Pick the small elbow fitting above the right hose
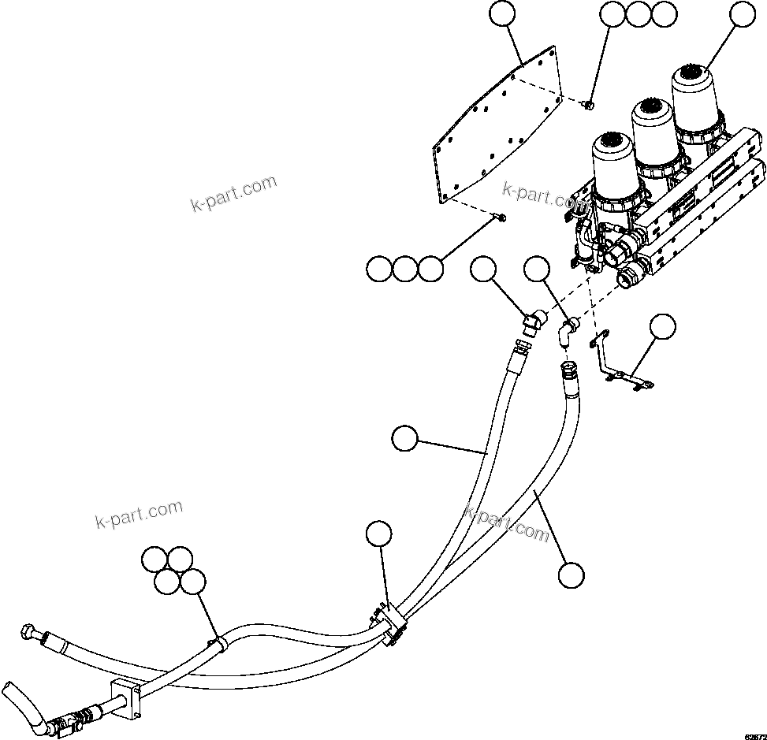tap(568, 329)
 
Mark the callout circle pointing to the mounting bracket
tap(663, 326)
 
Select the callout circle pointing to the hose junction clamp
tap(379, 534)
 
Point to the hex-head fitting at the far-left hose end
tap(25, 632)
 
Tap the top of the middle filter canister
tap(653, 109)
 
